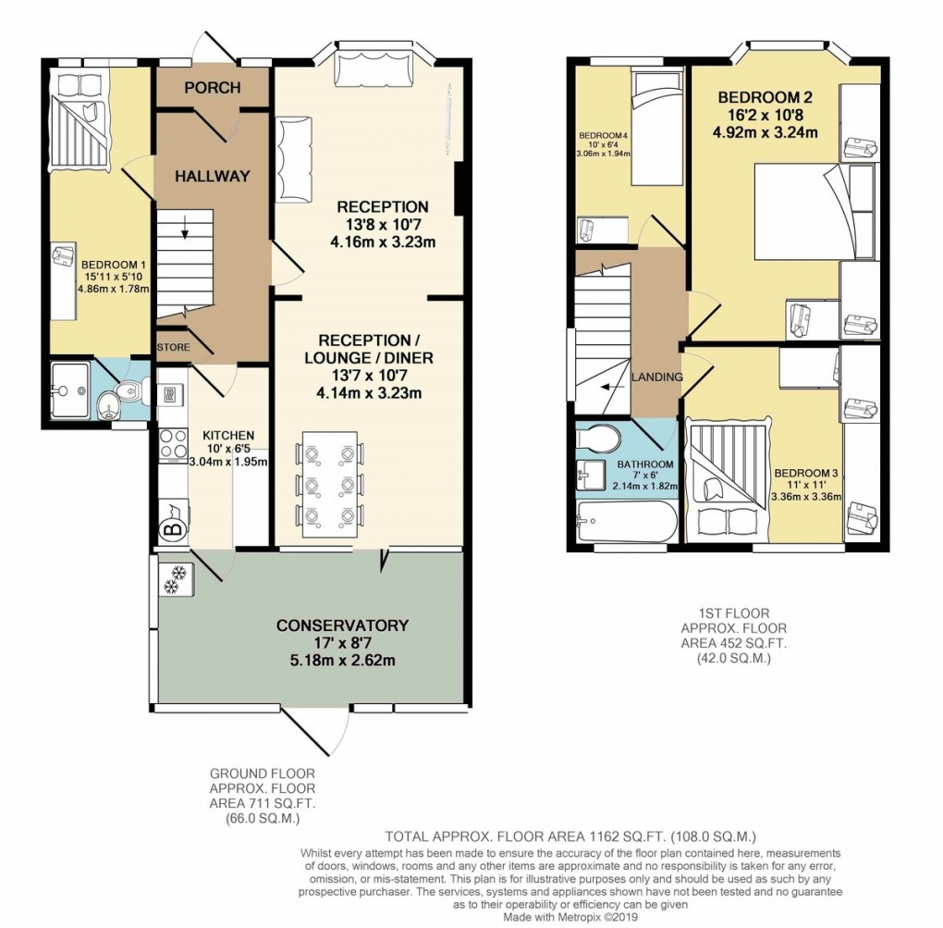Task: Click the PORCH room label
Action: coord(212,88)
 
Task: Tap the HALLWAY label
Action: coord(212,176)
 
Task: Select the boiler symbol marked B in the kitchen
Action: coord(171,529)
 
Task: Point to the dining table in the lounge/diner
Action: coord(326,483)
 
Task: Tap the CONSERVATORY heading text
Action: coord(342,625)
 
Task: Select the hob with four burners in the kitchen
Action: coord(172,447)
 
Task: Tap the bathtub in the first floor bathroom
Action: coord(625,523)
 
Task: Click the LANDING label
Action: coord(657,377)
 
